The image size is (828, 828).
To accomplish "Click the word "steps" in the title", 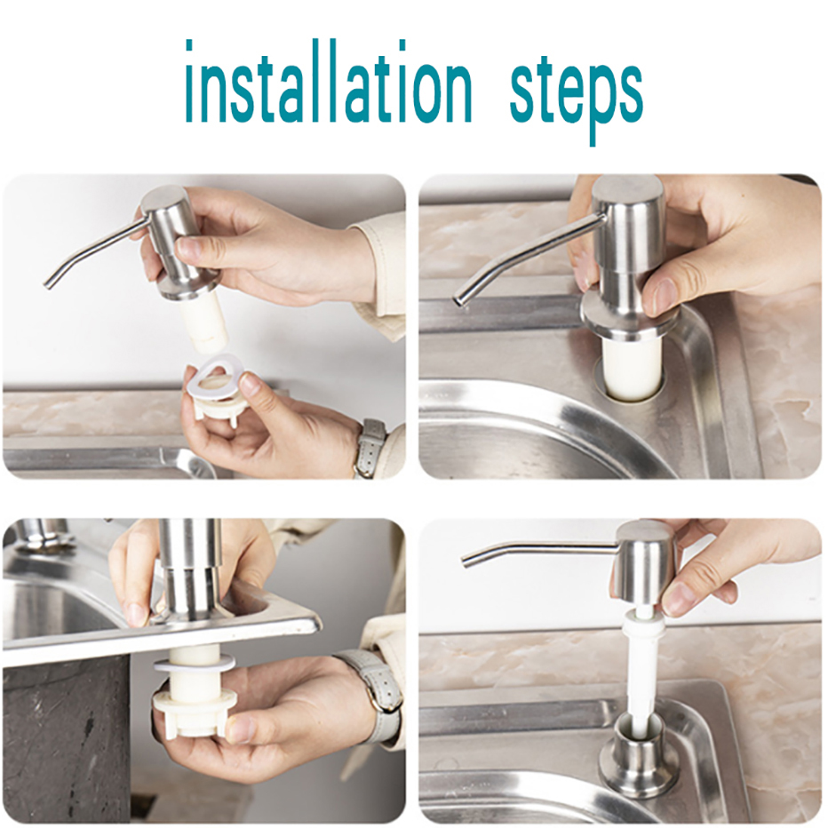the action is pyautogui.click(x=576, y=92).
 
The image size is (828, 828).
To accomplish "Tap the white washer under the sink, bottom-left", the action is pyautogui.click(x=195, y=665).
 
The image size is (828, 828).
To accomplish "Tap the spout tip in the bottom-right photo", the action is pyautogui.click(x=465, y=561).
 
